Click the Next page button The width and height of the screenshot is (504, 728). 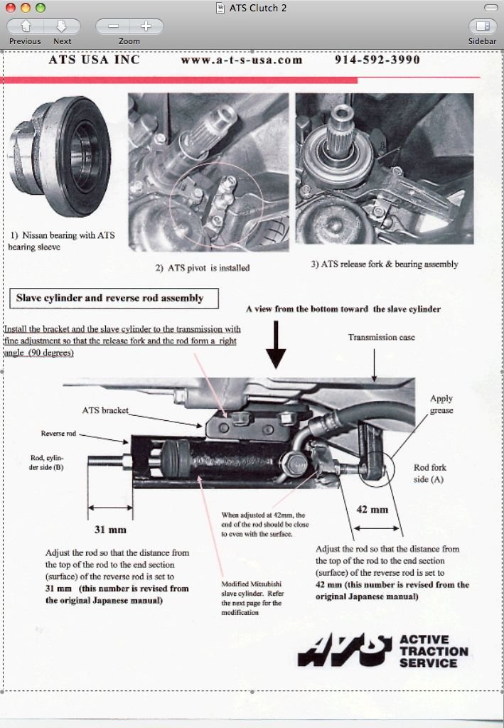point(62,27)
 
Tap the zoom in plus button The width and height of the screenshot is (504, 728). point(146,27)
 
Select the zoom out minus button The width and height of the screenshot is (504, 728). point(113,27)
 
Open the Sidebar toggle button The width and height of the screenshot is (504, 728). point(482,27)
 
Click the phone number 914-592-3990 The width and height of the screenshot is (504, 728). point(377,60)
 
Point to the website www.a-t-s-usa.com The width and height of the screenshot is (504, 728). point(242,60)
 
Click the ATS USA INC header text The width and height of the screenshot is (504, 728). point(94,60)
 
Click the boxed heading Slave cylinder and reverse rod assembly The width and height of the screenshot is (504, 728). point(109,299)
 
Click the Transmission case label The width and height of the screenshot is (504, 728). point(382,337)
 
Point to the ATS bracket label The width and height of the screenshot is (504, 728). point(105,410)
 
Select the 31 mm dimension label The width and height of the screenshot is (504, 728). point(110,530)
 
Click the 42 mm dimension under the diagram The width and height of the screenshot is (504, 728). point(372,510)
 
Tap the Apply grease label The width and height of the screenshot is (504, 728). point(441,405)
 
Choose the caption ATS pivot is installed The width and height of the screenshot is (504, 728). point(203,269)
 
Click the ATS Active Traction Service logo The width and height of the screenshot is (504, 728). point(382,651)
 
